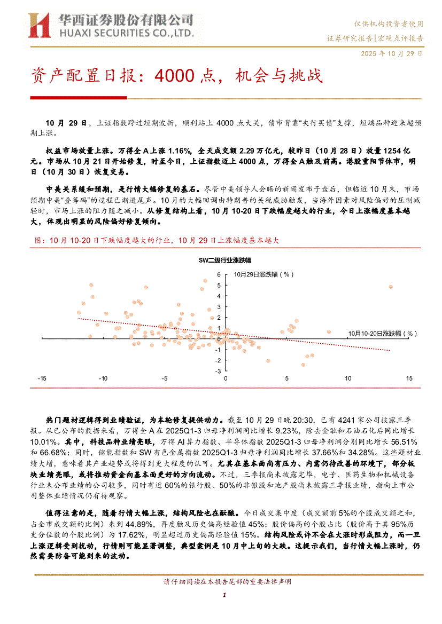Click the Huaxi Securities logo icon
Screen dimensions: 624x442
pos(38,25)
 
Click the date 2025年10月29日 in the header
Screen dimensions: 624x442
pos(392,54)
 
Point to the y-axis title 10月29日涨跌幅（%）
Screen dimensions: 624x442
pos(264,274)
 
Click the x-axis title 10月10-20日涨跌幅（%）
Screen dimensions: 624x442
pos(383,333)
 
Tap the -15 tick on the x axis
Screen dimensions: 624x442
pos(42,378)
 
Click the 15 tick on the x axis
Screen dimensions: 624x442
pos(409,378)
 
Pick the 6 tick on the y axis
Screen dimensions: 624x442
pos(219,274)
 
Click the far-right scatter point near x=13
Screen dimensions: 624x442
pos(391,287)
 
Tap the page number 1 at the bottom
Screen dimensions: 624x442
pos(225,595)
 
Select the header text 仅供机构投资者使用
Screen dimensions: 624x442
pos(389,24)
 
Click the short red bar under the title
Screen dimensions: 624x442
pos(78,98)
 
